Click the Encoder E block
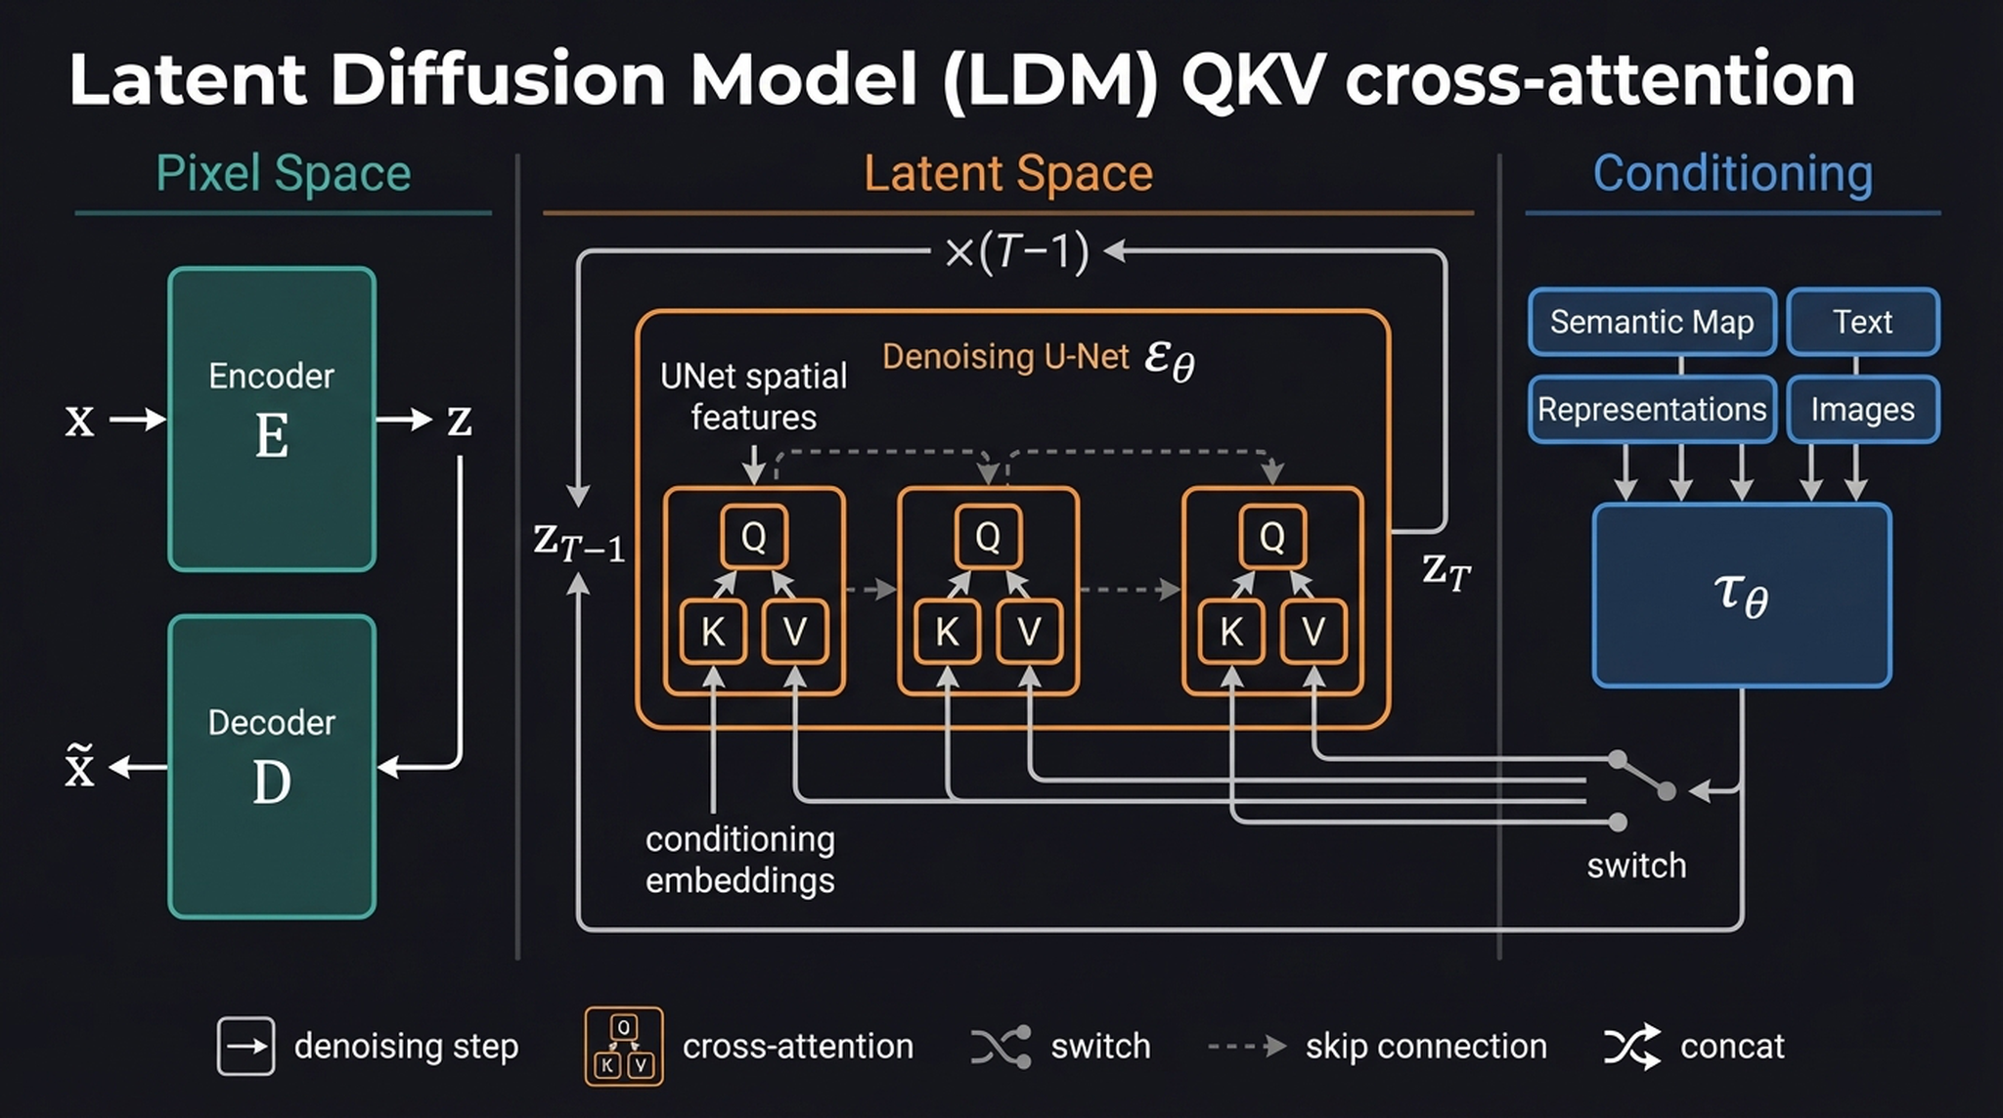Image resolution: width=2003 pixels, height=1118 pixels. [272, 419]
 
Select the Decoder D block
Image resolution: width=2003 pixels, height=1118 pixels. [272, 766]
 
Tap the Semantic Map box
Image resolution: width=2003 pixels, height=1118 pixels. [1652, 322]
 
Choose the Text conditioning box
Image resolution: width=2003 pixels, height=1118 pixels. [1862, 322]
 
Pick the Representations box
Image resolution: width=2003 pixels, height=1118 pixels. [1652, 409]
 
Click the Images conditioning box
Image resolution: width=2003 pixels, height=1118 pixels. [1862, 409]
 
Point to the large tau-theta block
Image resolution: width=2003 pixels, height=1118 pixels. [1741, 595]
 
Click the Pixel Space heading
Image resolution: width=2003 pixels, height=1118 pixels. [283, 174]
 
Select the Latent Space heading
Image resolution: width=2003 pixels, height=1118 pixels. [1007, 174]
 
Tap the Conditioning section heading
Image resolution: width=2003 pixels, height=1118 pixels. [1732, 174]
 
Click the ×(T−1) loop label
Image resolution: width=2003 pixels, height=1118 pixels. [1016, 252]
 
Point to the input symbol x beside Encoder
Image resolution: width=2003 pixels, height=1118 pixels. [80, 422]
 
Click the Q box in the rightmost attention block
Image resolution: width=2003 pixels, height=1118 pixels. [1271, 536]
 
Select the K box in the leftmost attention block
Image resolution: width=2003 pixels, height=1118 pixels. [713, 632]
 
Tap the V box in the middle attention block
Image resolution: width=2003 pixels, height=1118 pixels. [1029, 632]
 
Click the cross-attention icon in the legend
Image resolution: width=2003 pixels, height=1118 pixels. [624, 1047]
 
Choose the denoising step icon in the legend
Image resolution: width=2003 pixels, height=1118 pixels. [245, 1047]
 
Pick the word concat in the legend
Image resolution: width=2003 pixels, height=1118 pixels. [1731, 1047]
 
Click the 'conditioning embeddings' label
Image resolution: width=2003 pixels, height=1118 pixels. [739, 860]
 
